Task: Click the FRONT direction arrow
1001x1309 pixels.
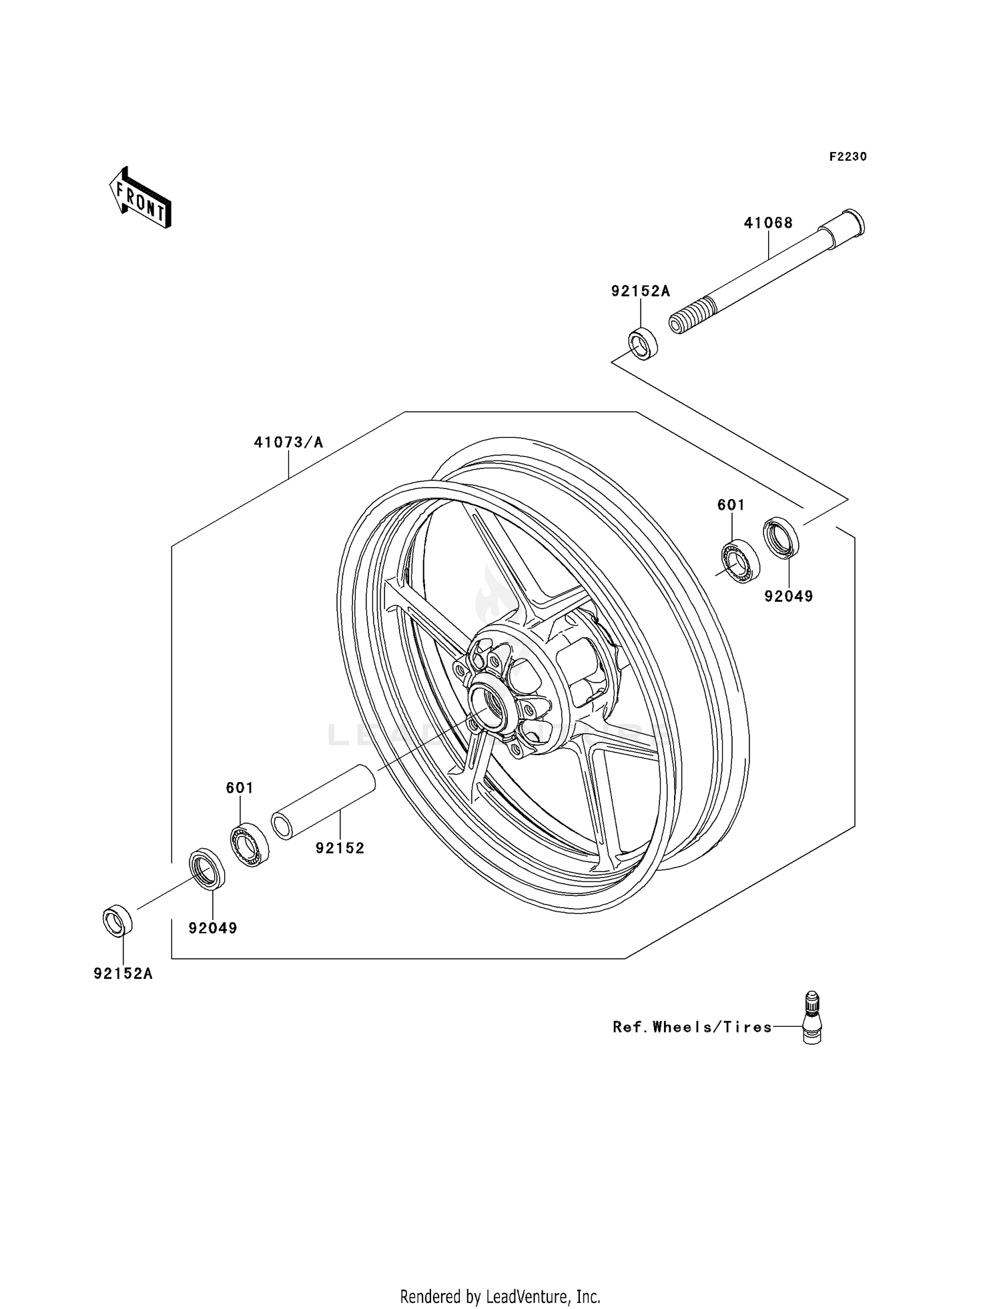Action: (141, 198)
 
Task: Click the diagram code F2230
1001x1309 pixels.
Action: (848, 157)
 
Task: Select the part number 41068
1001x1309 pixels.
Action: (768, 223)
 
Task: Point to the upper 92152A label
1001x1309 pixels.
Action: (640, 292)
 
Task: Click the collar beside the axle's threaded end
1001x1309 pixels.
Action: (643, 344)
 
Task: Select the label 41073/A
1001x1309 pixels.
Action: (288, 442)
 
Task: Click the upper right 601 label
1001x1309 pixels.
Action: (731, 505)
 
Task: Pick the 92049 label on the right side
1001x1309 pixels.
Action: (789, 596)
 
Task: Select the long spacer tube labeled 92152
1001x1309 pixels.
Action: (322, 801)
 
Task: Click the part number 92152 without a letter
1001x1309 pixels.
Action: (340, 848)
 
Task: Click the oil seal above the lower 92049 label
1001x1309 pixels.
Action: (207, 869)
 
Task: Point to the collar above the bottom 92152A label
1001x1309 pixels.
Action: (117, 921)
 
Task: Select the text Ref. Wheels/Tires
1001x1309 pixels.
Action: (692, 1027)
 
